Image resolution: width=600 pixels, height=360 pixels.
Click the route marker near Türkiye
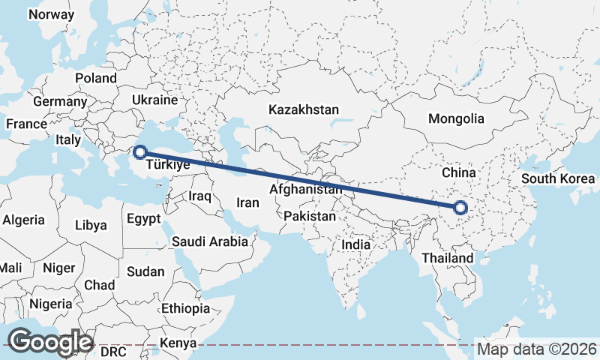[x=139, y=152]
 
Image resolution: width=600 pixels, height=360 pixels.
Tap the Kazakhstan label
[x=304, y=109]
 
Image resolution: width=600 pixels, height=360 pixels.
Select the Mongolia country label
[x=456, y=118]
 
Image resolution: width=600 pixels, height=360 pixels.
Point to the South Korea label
[x=558, y=178]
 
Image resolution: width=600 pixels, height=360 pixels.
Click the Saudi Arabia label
[x=209, y=241]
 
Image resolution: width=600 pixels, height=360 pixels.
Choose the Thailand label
[x=447, y=258]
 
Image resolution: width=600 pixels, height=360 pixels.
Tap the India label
[x=355, y=244]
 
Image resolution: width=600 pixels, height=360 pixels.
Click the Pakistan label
[x=310, y=216]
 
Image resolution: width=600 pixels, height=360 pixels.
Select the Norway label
[x=51, y=14]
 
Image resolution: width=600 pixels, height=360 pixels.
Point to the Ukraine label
[x=154, y=100]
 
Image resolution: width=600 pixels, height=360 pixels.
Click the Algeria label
[x=23, y=220]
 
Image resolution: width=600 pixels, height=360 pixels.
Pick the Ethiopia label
[x=185, y=308]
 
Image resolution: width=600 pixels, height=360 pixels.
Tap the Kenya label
[x=178, y=343]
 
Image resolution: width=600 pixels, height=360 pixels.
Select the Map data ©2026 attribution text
[x=537, y=349]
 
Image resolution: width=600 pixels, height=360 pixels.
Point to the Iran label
[x=247, y=202]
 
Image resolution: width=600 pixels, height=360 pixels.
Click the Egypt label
[x=144, y=220]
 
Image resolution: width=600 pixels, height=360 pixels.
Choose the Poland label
[x=96, y=78]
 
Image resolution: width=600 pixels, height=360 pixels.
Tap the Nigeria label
[x=52, y=304]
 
